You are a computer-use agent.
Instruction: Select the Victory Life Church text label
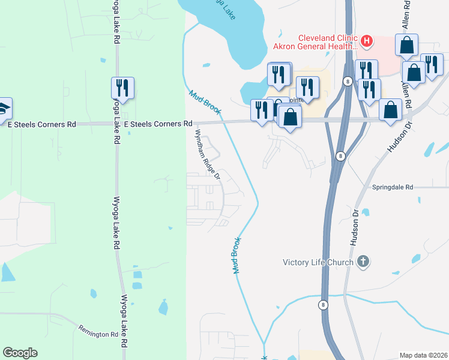click(319, 262)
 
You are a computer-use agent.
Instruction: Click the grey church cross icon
click(363, 261)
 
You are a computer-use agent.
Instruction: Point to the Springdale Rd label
click(393, 187)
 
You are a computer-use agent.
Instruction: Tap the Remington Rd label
click(98, 331)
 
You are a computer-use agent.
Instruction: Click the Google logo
click(20, 353)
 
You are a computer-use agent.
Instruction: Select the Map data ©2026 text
click(423, 355)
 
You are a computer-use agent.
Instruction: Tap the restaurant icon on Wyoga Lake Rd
click(122, 87)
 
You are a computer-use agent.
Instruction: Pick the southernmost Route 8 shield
click(323, 304)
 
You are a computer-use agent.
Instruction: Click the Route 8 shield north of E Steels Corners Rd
click(348, 80)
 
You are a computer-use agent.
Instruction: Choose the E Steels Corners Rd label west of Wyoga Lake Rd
click(42, 124)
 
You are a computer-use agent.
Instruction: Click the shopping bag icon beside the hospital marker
click(406, 44)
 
